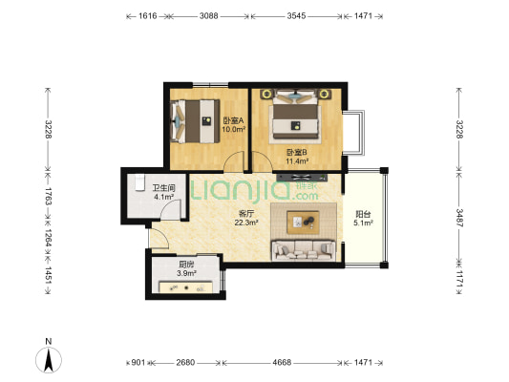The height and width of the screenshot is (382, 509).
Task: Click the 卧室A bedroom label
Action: click(x=233, y=120)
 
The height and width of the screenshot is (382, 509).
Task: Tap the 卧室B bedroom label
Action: click(x=297, y=152)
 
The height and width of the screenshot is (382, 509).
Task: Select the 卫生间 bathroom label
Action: click(x=164, y=188)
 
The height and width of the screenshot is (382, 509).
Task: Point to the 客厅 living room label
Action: click(x=246, y=214)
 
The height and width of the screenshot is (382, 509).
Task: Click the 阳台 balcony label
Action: click(x=363, y=214)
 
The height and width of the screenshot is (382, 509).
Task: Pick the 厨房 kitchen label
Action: click(x=186, y=265)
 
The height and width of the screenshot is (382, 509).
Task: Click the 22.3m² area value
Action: click(x=246, y=223)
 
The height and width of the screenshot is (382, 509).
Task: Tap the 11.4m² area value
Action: click(x=297, y=160)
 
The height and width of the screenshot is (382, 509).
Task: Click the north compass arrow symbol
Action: click(x=49, y=360)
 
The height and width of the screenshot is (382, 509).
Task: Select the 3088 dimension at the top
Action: click(x=209, y=15)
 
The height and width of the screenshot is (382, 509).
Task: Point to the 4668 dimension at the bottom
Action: click(x=282, y=362)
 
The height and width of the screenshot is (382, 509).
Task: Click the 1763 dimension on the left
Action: click(x=48, y=196)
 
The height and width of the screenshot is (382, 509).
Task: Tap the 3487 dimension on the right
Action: click(x=459, y=218)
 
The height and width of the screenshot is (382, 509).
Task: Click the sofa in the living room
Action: click(x=304, y=250)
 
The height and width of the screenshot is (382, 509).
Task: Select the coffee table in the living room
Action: click(x=303, y=222)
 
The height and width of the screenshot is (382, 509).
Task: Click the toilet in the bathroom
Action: click(x=139, y=182)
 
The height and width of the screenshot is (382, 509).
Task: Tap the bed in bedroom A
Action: click(x=195, y=121)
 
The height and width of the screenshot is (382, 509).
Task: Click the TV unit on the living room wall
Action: click(x=302, y=178)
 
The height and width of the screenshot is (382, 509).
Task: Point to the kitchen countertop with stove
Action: click(x=185, y=287)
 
